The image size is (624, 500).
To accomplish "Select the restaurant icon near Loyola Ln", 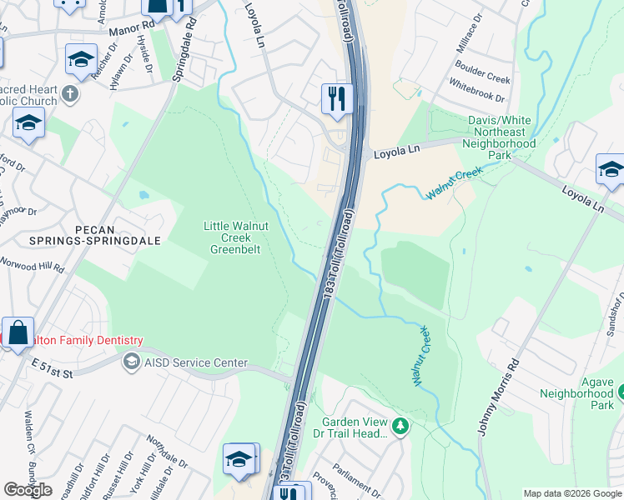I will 337,99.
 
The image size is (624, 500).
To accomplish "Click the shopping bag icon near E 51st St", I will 18,332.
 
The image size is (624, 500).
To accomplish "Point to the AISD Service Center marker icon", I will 131,362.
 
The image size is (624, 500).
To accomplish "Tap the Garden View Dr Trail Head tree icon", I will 401,427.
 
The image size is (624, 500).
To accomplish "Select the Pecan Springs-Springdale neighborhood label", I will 52,236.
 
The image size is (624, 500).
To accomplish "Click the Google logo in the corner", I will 28,490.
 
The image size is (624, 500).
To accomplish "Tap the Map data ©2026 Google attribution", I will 572,493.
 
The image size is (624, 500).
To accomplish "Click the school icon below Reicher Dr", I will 81,59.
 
